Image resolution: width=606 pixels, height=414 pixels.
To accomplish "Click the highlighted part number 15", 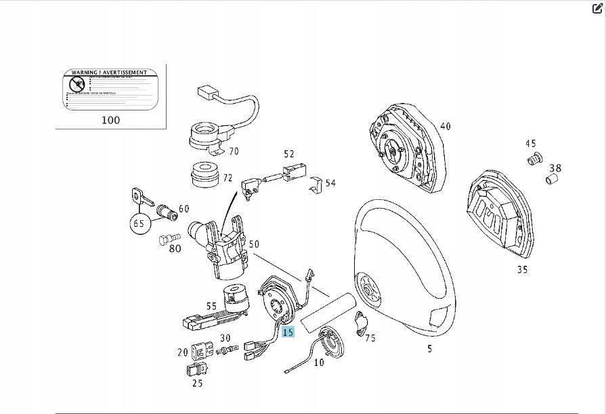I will [288, 332].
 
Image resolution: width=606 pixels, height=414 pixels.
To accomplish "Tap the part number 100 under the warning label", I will [110, 120].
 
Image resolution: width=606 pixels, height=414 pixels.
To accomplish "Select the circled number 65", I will [139, 222].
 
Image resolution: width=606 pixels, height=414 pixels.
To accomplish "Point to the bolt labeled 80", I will [168, 239].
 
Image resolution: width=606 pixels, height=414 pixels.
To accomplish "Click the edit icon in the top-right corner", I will [597, 8].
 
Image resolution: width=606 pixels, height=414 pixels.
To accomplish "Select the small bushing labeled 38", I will [551, 181].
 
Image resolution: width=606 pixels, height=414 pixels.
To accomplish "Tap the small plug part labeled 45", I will [534, 160].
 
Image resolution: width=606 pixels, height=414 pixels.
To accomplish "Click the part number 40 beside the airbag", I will [445, 126].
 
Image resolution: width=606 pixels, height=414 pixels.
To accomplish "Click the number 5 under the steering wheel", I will [429, 349].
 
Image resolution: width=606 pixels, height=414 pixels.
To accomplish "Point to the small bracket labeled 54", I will [316, 185].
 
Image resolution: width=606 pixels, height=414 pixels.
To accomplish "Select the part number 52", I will [289, 154].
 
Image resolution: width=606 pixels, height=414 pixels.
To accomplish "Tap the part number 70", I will [234, 151].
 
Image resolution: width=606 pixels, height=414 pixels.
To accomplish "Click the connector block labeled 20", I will [201, 351].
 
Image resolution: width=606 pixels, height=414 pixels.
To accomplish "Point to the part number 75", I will [370, 337].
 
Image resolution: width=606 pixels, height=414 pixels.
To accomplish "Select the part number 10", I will [319, 363].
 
